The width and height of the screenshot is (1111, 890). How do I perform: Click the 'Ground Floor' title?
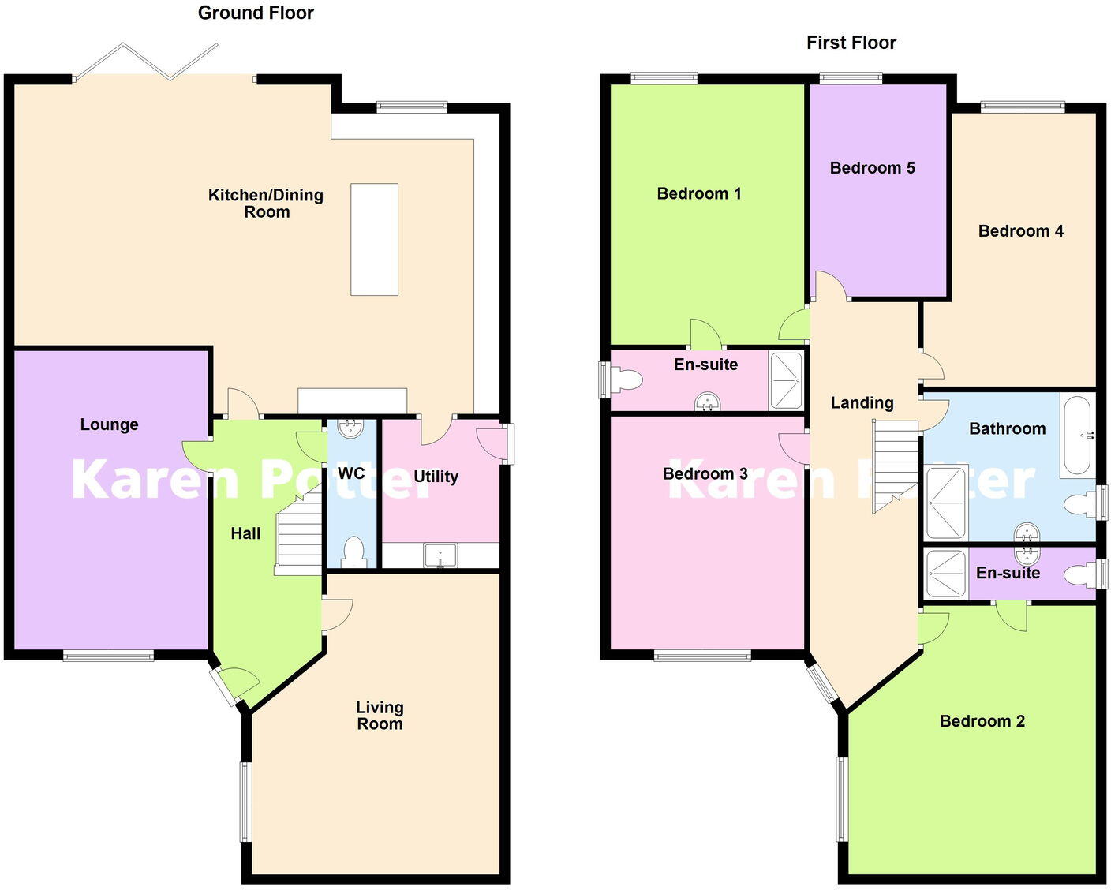tap(256, 13)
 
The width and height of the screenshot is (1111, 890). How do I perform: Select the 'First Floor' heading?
tap(851, 43)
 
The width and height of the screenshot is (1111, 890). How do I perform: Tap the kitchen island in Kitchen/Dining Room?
tap(374, 239)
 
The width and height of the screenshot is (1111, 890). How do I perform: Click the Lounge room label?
tap(109, 424)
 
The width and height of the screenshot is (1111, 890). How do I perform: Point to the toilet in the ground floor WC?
tap(353, 552)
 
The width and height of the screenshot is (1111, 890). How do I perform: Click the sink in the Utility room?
tap(440, 555)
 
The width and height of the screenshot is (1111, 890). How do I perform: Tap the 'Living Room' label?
tap(380, 716)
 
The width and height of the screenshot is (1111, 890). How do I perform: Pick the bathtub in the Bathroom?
tap(1077, 435)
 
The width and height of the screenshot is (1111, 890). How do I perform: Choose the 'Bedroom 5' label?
tap(872, 168)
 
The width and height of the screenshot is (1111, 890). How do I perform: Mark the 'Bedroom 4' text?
tap(1020, 231)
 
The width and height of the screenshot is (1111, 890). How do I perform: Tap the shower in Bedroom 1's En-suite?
tap(786, 381)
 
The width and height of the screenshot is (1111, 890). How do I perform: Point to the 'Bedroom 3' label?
tap(705, 474)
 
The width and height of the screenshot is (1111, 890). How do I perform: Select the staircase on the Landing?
tap(896, 466)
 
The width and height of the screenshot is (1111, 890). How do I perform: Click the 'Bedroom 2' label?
tap(982, 721)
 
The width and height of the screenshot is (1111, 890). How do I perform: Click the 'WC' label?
tap(351, 473)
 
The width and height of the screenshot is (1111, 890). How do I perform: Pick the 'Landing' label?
tap(862, 403)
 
